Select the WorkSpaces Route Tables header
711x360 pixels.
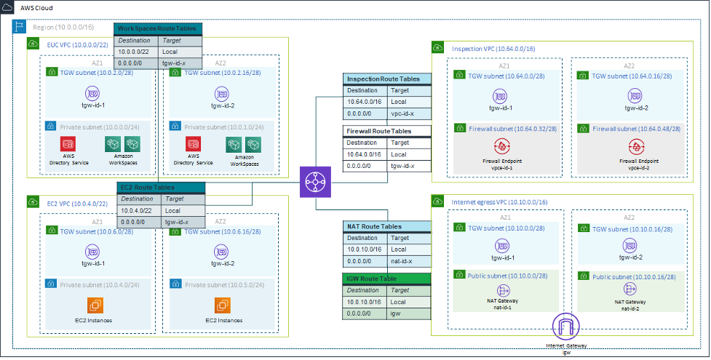coord(158,29)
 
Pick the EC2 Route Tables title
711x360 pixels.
coord(161,188)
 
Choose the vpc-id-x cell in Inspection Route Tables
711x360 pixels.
coord(409,113)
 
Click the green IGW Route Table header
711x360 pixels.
coord(386,279)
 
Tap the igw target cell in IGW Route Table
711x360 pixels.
coord(409,313)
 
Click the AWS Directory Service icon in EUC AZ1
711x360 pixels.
coord(68,144)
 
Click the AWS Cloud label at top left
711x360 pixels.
coord(36,7)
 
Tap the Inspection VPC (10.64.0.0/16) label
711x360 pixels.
coord(493,48)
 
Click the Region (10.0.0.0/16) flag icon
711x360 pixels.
coord(20,27)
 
